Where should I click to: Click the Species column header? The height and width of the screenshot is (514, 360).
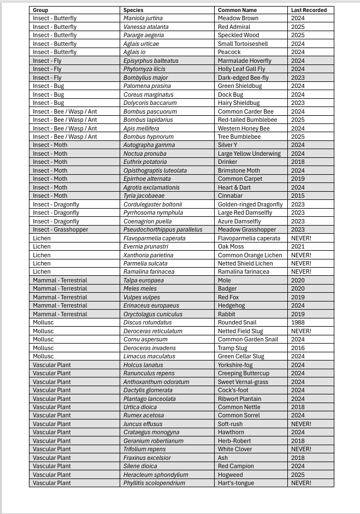[x=133, y=10]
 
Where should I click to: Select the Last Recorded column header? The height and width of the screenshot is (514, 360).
[x=309, y=10]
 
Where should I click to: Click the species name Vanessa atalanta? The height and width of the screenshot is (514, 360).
[x=146, y=27]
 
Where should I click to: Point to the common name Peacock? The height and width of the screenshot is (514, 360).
[x=229, y=52]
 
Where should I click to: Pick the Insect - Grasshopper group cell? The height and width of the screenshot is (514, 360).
[x=60, y=229]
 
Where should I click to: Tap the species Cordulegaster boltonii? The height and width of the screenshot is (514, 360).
[x=152, y=204]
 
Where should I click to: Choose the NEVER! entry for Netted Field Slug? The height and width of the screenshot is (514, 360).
[x=301, y=331]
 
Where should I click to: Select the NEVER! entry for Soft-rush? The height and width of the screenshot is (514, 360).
[x=301, y=424]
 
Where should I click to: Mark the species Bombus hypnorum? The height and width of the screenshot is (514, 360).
[x=148, y=137]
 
